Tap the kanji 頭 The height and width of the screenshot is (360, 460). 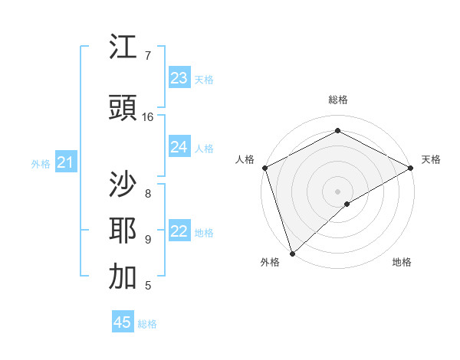pos(123,108)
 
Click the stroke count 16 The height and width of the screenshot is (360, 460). pos(148,117)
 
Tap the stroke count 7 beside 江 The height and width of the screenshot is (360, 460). pos(148,56)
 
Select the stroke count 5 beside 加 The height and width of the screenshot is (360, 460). pos(148,286)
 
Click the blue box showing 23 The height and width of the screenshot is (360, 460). pos(179,77)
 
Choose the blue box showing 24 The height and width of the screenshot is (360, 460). pos(179,147)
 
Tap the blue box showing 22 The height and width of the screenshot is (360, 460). pos(179,232)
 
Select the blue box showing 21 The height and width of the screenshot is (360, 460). pos(65,162)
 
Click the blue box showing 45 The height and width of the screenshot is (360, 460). pos(123,322)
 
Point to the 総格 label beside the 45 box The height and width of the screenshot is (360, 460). pos(147,324)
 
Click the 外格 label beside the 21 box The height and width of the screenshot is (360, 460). pos(41,164)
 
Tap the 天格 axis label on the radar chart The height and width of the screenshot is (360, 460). pos(431,159)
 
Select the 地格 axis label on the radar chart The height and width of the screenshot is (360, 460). pos(402,263)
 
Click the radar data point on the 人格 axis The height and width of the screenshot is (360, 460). pos(264,168)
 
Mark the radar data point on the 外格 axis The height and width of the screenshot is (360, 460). pos(291,254)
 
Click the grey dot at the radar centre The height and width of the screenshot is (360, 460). pos(337,191)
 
